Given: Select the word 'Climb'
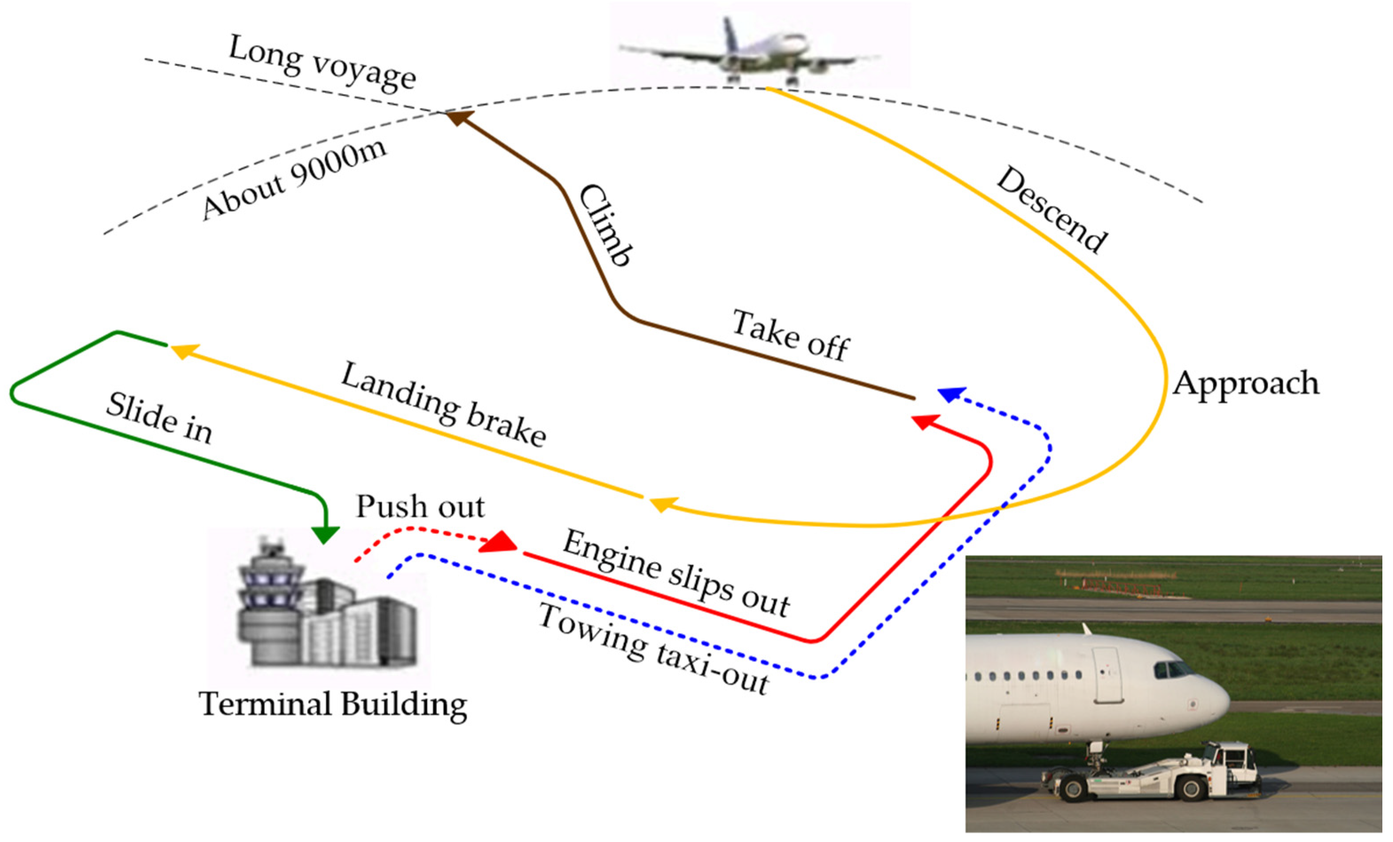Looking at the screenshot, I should [605, 224].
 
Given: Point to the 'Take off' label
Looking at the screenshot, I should [790, 335].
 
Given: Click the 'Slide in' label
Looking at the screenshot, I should [159, 419].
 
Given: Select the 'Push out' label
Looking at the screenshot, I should [420, 506].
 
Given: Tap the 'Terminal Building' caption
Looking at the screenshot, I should [333, 705].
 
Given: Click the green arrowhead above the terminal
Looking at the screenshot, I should [325, 534].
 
